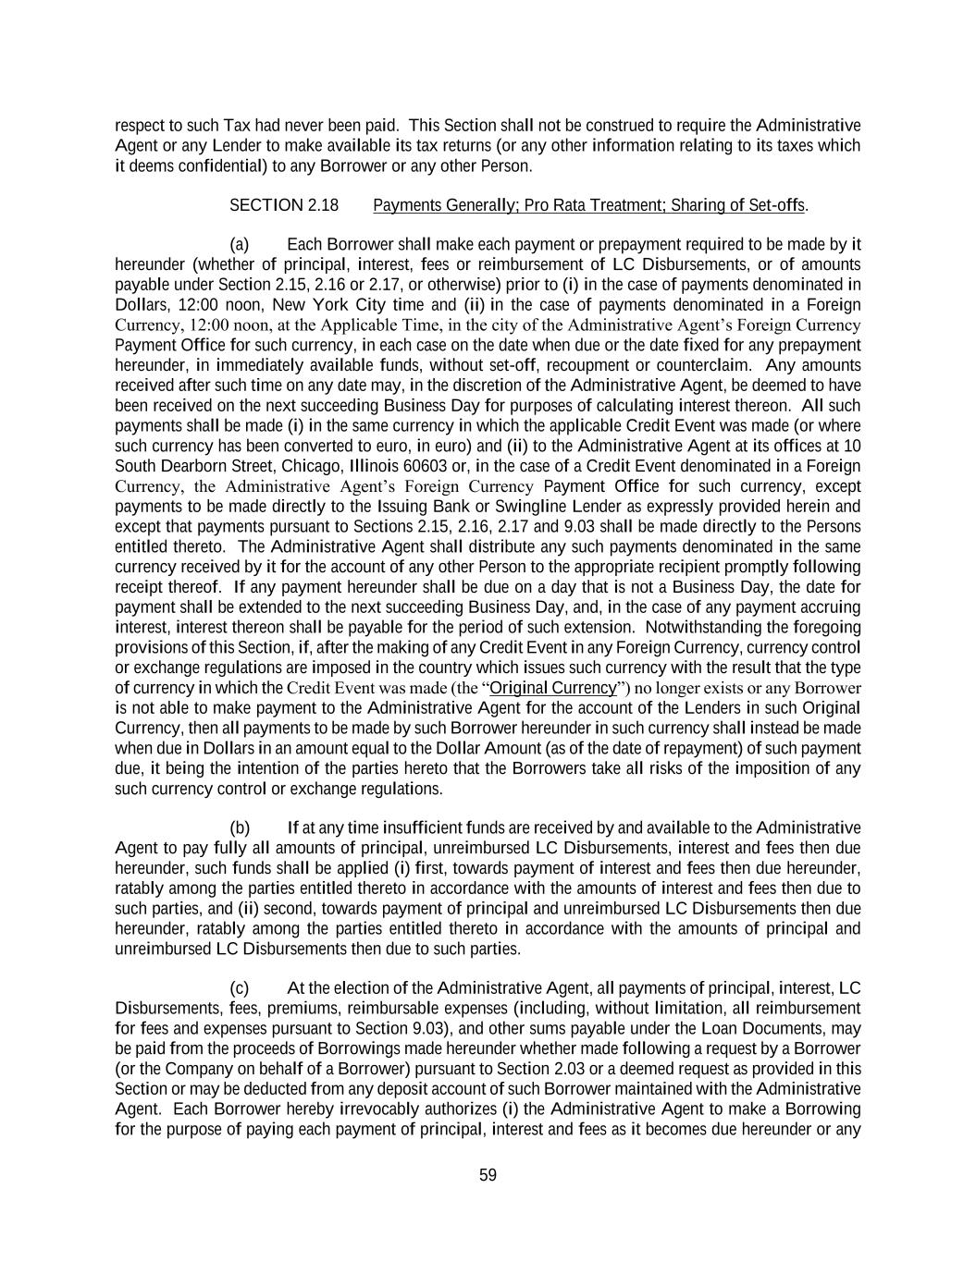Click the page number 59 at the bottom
pyautogui.click(x=488, y=1175)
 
